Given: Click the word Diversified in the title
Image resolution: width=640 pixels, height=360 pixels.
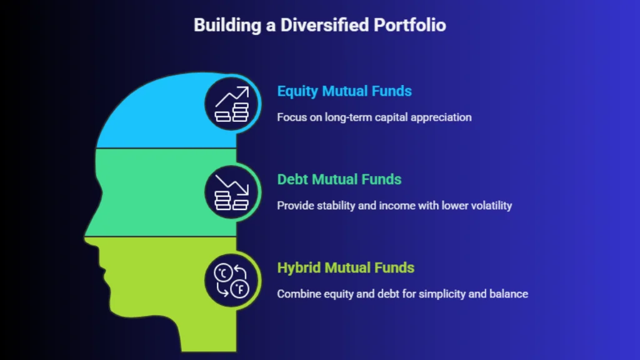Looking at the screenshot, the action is pyautogui.click(x=325, y=25).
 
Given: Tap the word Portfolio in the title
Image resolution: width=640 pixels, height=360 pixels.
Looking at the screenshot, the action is pyautogui.click(x=410, y=25).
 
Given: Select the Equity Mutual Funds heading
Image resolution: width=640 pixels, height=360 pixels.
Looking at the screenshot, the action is pyautogui.click(x=344, y=91).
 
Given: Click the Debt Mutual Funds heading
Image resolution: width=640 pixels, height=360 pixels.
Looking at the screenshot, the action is pyautogui.click(x=339, y=179).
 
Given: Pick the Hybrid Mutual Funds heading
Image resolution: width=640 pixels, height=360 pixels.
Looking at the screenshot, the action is pyautogui.click(x=346, y=268).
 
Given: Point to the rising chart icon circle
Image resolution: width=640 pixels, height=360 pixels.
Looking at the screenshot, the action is pyautogui.click(x=231, y=104).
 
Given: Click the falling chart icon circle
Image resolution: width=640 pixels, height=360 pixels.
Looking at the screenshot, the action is pyautogui.click(x=231, y=192).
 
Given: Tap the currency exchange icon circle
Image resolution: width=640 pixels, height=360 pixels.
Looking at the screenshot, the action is pyautogui.click(x=231, y=281).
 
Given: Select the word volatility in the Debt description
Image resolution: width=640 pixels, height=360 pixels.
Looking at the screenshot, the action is pyautogui.click(x=491, y=205).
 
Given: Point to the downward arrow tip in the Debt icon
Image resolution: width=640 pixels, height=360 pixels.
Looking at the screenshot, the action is pyautogui.click(x=247, y=193).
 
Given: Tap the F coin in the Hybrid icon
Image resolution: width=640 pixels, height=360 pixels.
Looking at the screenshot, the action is pyautogui.click(x=240, y=289).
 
